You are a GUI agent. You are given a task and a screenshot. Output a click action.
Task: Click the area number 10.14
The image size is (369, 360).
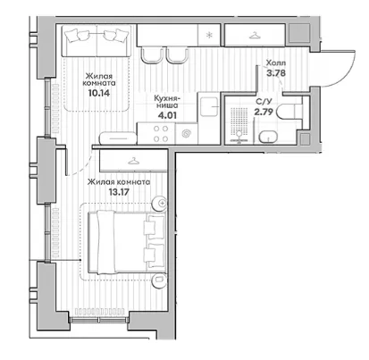coord(99,93)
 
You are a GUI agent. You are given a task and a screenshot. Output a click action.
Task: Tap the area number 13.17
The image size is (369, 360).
coord(119,192)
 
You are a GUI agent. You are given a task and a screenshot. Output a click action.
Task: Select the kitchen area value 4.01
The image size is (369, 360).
coord(167,115)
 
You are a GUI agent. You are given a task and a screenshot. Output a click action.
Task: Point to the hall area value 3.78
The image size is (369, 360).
coord(276,73)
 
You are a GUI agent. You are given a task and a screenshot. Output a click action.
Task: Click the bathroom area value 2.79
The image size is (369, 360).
coord(264,112)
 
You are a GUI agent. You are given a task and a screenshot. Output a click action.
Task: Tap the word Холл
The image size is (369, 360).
coord(276,63)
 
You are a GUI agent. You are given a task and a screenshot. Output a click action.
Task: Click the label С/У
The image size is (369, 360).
coord(264,102)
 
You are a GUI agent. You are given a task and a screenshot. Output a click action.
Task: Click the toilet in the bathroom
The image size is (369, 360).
coord(289,112)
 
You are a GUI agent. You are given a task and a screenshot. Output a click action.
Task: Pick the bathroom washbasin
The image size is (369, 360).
coord(268,138)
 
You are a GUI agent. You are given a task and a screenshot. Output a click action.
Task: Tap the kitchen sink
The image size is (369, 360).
coord(209,106)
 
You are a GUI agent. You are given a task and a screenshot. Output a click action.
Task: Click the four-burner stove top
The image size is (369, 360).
coord(161,134)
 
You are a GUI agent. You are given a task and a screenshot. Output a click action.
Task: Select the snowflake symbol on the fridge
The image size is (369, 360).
coord(209,35)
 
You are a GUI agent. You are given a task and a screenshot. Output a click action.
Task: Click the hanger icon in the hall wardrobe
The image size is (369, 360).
coord(255,36)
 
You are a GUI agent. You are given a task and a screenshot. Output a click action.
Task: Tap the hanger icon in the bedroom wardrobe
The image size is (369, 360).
coord(133,161)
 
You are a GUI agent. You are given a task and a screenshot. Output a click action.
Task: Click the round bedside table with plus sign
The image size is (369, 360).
coord(159,204)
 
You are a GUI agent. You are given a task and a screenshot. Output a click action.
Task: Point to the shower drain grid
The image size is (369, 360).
coord(239,121)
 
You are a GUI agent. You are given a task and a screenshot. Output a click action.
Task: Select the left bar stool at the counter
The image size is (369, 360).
coord(152,55)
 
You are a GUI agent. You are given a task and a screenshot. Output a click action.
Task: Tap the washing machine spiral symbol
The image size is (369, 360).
coord(187,134)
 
